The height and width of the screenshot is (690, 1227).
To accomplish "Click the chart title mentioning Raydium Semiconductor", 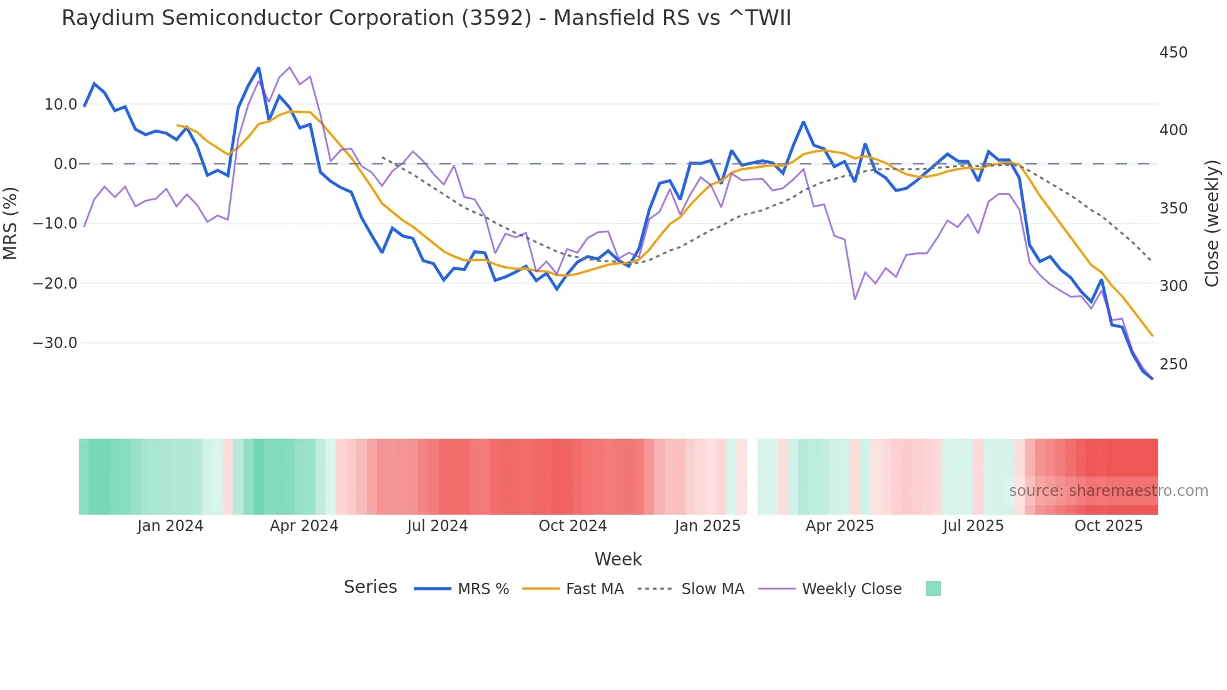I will click(x=426, y=18).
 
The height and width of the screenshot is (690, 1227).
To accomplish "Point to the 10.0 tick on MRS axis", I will click(x=61, y=105).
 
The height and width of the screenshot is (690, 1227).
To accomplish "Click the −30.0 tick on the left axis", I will click(x=56, y=343).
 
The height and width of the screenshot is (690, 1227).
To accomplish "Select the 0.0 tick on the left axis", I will click(x=65, y=164).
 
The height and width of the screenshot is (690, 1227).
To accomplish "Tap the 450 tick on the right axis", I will click(x=1173, y=53).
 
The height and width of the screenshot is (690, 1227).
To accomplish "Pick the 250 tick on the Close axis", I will click(x=1173, y=364).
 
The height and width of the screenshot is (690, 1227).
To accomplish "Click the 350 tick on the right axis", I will click(x=1173, y=209).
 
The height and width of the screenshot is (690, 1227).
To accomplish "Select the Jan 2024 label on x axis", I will click(x=170, y=526).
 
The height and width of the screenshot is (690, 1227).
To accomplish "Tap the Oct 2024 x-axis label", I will click(x=572, y=526).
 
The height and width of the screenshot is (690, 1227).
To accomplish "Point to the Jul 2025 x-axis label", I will click(x=973, y=526).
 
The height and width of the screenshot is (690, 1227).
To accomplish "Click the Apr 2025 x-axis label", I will click(x=839, y=526).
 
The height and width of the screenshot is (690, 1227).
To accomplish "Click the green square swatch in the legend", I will click(x=933, y=589).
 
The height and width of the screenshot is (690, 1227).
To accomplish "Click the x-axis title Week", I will click(x=618, y=559).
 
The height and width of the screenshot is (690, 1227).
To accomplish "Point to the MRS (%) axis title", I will click(x=11, y=223).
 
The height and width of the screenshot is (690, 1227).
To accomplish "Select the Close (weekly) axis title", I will click(x=1212, y=223).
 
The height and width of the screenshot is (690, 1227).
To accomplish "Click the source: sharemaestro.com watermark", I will click(x=1108, y=491).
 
